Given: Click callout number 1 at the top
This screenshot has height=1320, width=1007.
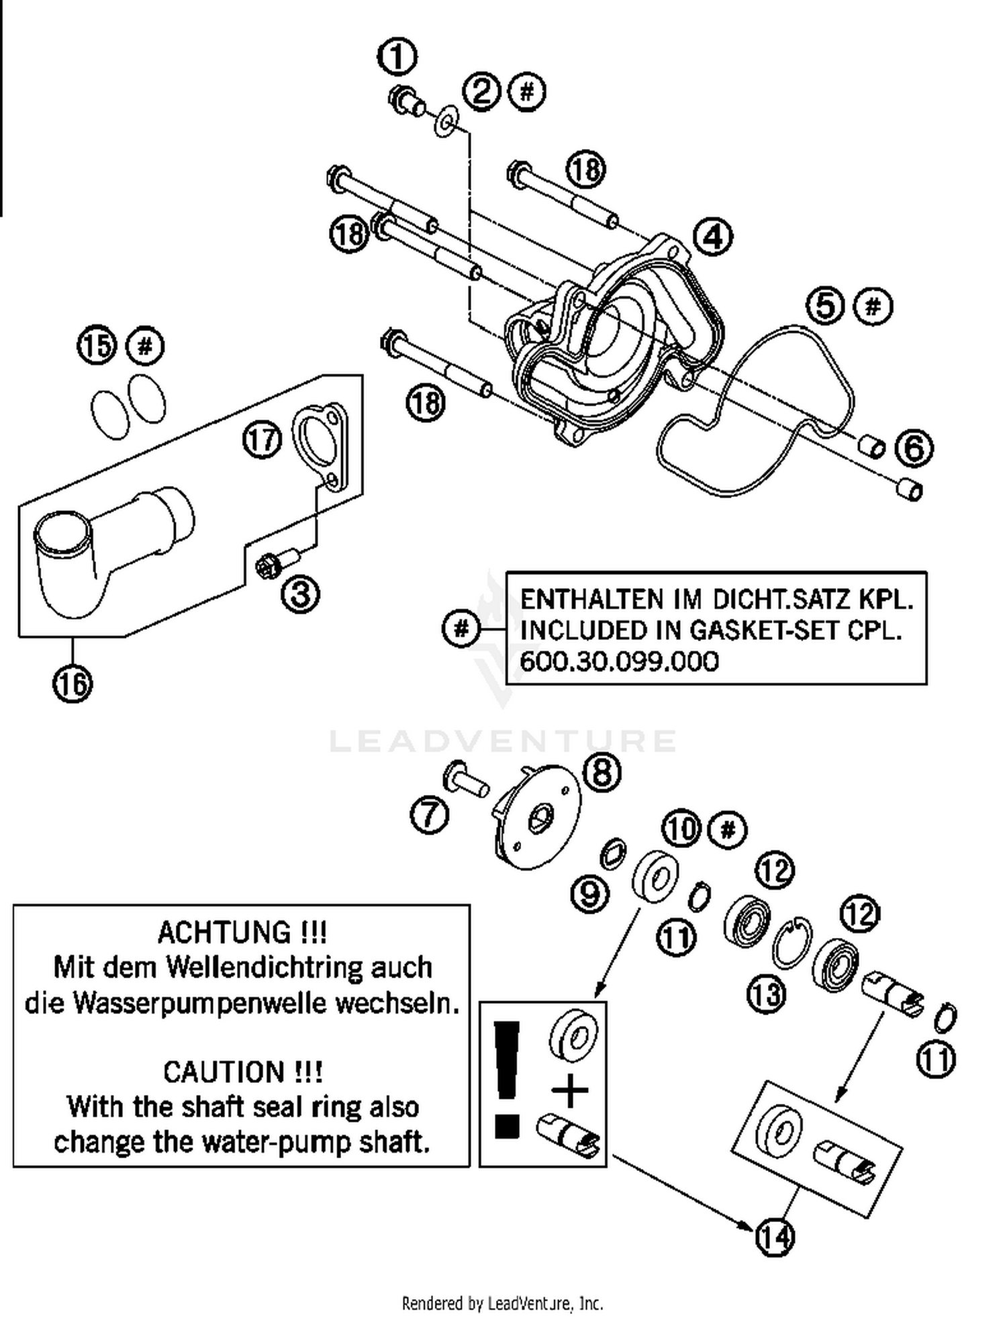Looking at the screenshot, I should click(397, 57).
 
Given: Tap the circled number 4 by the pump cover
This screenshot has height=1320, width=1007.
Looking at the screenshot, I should click(712, 236).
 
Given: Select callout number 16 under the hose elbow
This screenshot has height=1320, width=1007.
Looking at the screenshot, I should click(73, 683).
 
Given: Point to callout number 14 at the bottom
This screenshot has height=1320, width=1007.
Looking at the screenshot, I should click(775, 1237).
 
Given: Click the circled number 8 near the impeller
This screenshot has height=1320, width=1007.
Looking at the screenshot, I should click(602, 772).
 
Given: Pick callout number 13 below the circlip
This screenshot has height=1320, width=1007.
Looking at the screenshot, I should click(766, 994).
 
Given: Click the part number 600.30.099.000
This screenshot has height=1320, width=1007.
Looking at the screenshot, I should click(619, 661).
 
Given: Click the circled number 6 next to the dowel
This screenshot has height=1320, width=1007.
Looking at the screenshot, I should click(914, 448).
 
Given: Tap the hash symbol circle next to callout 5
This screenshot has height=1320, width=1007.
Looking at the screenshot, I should click(872, 307).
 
